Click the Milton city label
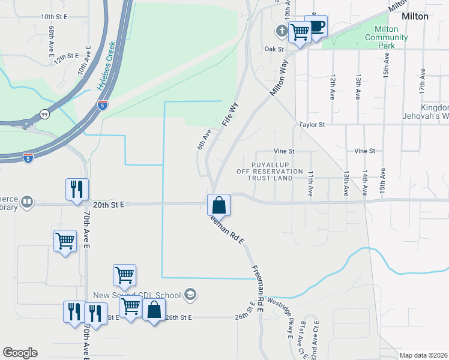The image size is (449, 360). click(x=415, y=16)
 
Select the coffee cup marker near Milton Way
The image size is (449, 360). click(x=316, y=26)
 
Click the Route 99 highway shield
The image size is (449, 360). click(x=44, y=113)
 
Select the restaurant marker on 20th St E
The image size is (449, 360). click(x=77, y=190)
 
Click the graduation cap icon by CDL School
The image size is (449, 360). click(x=190, y=294)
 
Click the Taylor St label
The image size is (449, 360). click(x=312, y=124)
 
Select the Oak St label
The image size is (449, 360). click(x=273, y=49)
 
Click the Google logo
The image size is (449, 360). click(x=20, y=353)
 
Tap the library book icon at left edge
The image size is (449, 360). click(x=26, y=203)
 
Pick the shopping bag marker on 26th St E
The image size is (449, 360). click(x=154, y=310)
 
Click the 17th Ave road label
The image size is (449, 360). click(x=423, y=80)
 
